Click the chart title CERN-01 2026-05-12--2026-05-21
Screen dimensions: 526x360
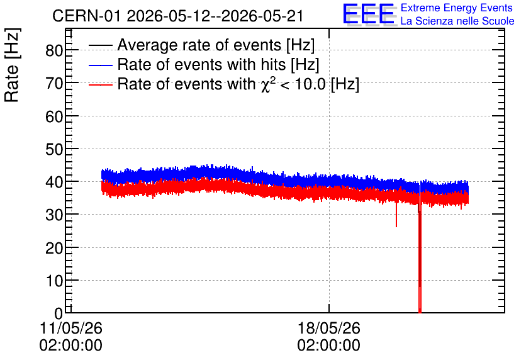(178, 16)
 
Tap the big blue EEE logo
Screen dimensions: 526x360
(369, 14)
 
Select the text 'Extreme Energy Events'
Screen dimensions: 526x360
(457, 8)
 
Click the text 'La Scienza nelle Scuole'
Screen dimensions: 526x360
(457, 21)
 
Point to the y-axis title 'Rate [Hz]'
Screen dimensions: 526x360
(12, 65)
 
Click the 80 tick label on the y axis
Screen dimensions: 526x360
(54, 50)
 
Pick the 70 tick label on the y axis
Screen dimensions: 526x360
(54, 83)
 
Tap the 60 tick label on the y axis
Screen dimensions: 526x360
(54, 116)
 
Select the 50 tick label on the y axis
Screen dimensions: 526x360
(54, 149)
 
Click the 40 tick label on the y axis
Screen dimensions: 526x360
(54, 182)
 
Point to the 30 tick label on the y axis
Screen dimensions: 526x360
(54, 215)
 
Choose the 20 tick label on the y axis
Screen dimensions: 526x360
(54, 248)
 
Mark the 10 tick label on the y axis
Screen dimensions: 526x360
(54, 281)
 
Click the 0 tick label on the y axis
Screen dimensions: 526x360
(59, 313)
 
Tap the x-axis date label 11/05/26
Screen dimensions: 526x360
(70, 328)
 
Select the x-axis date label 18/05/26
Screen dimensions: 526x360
(328, 328)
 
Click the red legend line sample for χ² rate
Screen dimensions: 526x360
(100, 84)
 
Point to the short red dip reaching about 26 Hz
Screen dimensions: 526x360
(396, 215)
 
